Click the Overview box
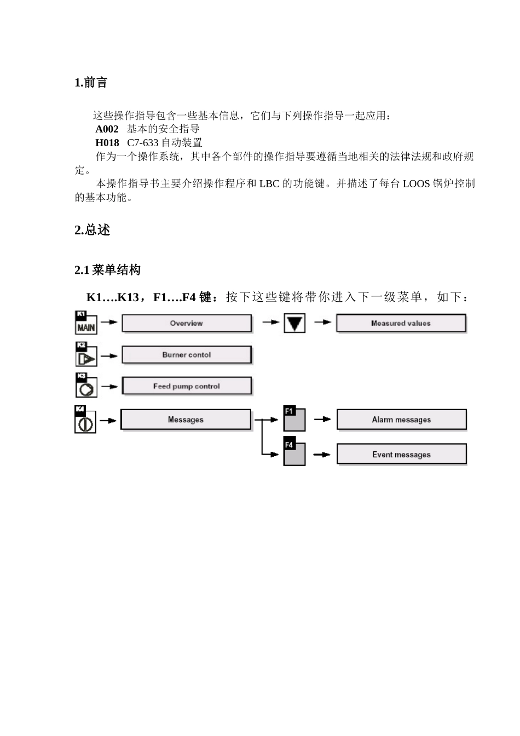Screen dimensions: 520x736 click(x=187, y=323)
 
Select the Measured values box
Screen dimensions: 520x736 click(x=401, y=323)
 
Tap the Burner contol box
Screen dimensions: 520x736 click(x=187, y=355)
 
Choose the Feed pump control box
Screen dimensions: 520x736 click(x=187, y=386)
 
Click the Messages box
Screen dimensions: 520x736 click(x=186, y=419)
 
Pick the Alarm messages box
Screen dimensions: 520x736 click(x=401, y=419)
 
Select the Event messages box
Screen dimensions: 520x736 click(x=401, y=455)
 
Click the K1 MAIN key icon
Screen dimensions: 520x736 click(x=86, y=323)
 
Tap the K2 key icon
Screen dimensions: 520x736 click(x=86, y=355)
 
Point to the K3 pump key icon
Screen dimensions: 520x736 click(x=86, y=386)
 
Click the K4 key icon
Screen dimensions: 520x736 click(x=85, y=420)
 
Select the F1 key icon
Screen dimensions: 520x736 click(x=294, y=419)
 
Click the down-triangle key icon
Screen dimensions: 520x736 click(x=294, y=323)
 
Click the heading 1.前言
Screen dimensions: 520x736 click(x=91, y=83)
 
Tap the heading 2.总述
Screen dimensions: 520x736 click(x=92, y=230)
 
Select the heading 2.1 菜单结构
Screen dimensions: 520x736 click(x=107, y=270)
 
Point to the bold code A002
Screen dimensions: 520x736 click(x=107, y=129)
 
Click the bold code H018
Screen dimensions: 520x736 click(x=107, y=143)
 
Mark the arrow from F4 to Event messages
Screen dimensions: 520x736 click(x=322, y=455)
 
